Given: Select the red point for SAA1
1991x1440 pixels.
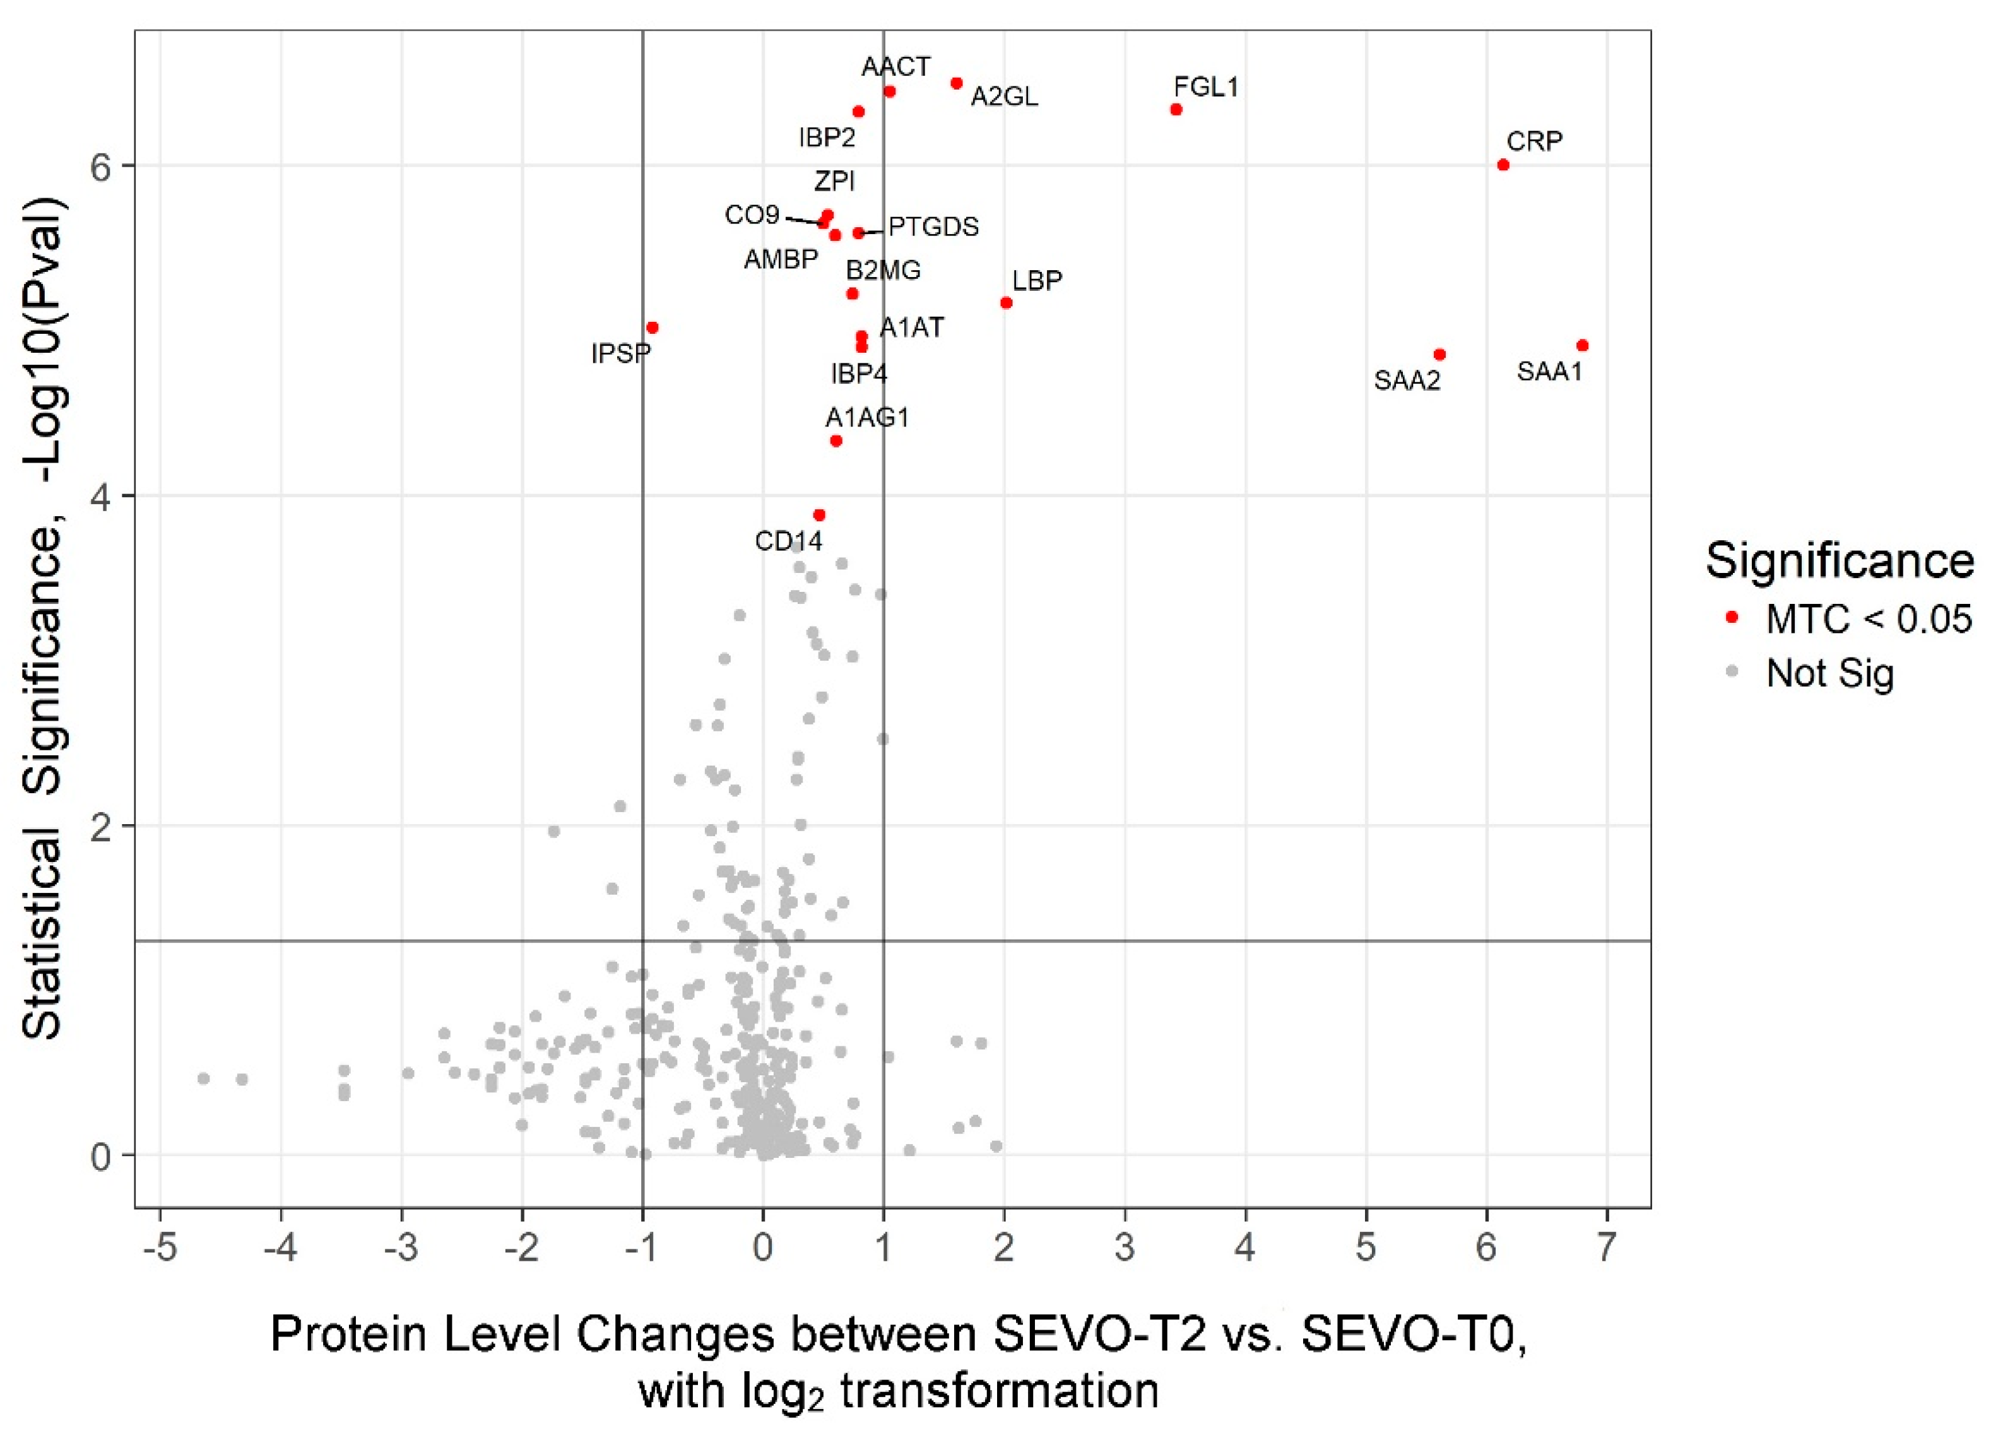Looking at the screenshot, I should point(1583,346).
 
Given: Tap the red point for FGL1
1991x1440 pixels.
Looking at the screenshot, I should point(1176,110).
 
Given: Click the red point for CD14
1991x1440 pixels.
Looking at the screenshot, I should point(819,514).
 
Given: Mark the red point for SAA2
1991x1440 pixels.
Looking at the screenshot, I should point(1439,355).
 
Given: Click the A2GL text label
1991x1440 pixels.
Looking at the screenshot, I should point(1004,97).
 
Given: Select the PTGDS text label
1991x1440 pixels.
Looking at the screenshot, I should point(933,227).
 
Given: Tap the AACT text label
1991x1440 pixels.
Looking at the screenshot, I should point(895,67).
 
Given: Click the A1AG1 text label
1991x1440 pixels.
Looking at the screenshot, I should point(867,417).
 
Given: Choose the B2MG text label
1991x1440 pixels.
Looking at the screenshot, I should point(883,271).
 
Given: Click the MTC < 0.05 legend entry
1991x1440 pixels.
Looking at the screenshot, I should point(1868,619).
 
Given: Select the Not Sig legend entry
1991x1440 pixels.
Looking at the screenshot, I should point(1829,673).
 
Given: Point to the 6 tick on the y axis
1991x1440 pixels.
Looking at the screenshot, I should point(103,166).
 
